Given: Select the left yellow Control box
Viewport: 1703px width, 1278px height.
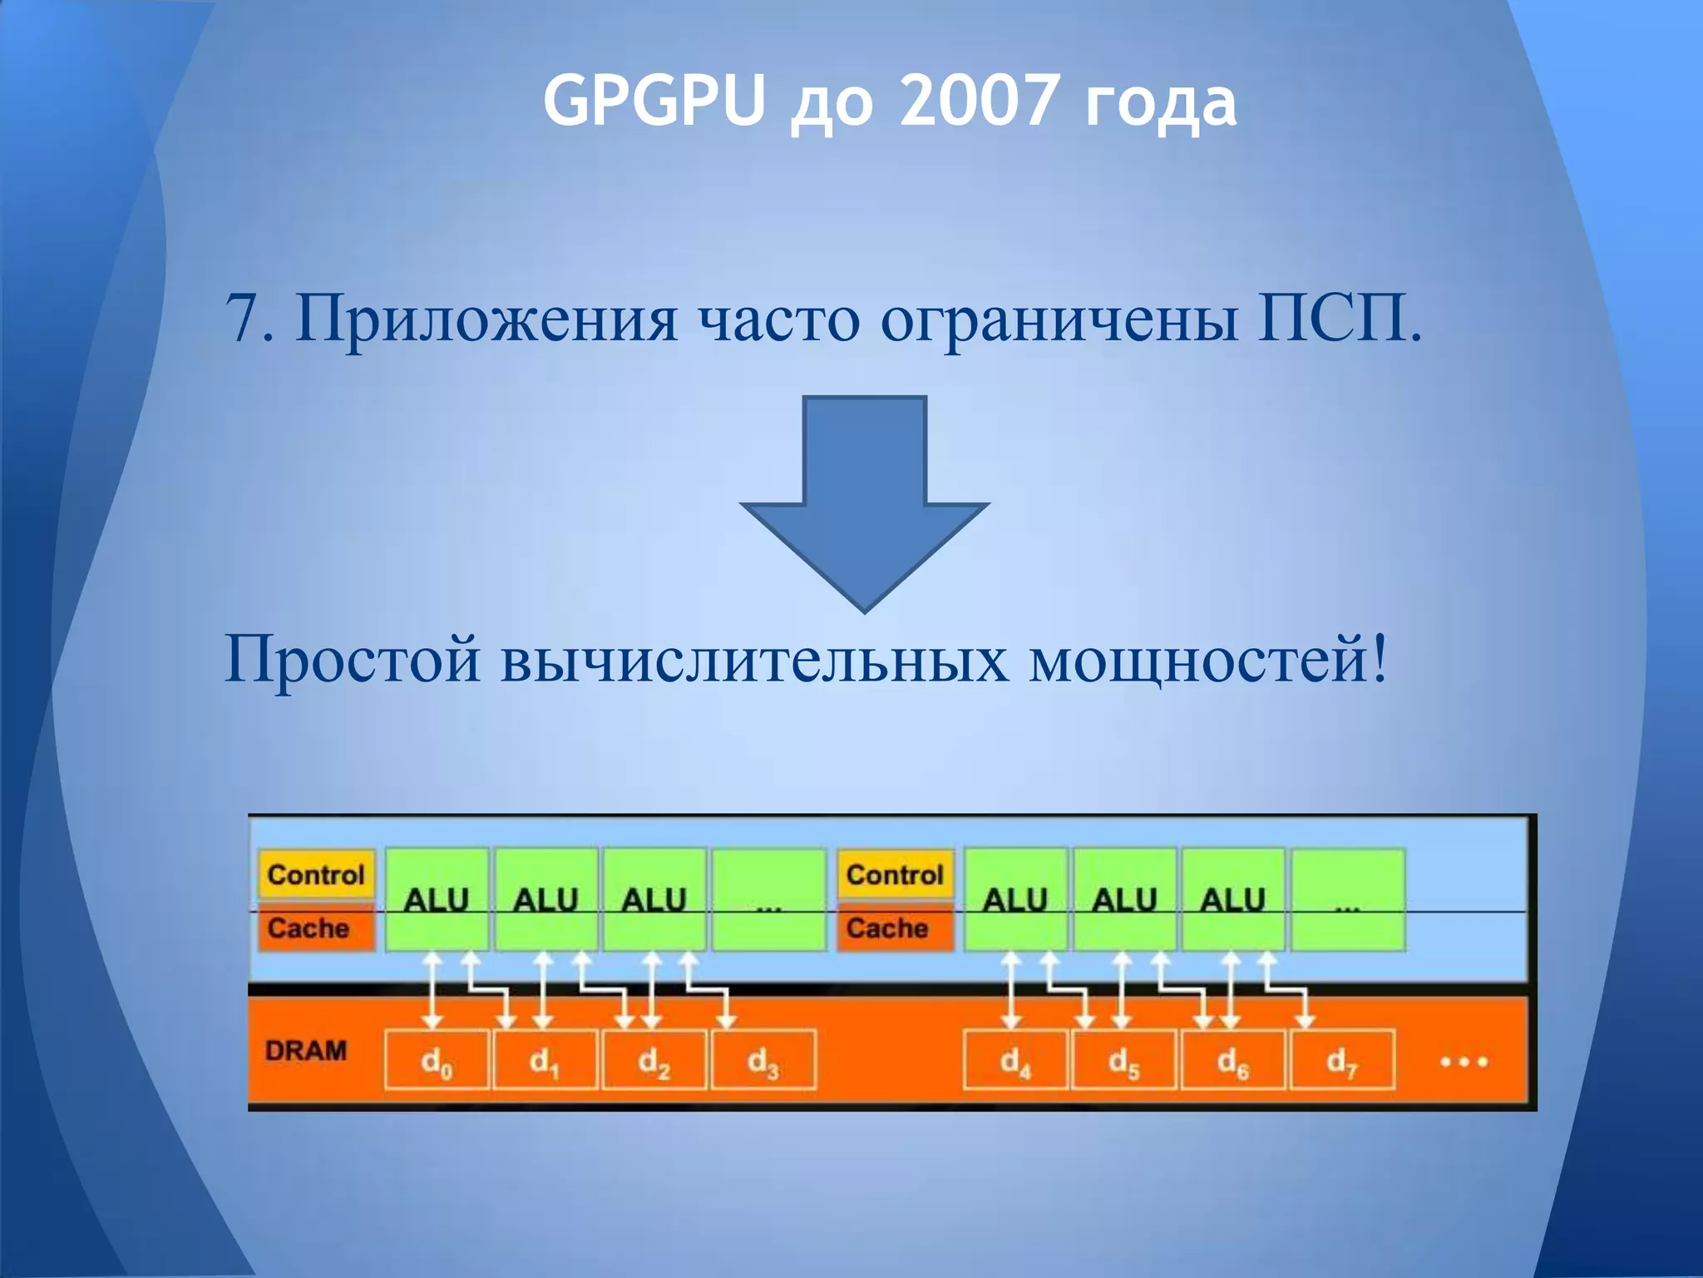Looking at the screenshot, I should tap(316, 874).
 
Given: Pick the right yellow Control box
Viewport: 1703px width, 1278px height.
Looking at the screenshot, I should tap(895, 874).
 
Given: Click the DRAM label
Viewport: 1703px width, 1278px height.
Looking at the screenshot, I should tap(306, 1051).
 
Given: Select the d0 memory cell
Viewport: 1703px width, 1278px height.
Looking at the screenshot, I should tap(437, 1060).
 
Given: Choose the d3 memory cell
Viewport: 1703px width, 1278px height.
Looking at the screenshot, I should tap(763, 1060).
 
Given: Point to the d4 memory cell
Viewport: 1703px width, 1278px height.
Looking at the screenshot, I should tap(1015, 1060).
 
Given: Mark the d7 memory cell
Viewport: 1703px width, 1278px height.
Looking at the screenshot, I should tap(1342, 1060).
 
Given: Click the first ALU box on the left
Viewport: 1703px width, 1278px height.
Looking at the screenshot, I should tap(437, 899).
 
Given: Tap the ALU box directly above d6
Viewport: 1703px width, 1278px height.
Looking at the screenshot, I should tap(1233, 899).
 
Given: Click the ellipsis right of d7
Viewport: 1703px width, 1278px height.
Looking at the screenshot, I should tap(1463, 1062).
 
